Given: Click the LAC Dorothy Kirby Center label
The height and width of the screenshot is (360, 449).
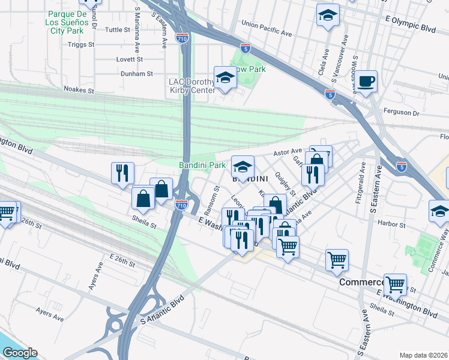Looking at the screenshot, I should tap(190, 86).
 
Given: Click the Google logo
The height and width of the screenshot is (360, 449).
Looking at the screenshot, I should tap(20, 353).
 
